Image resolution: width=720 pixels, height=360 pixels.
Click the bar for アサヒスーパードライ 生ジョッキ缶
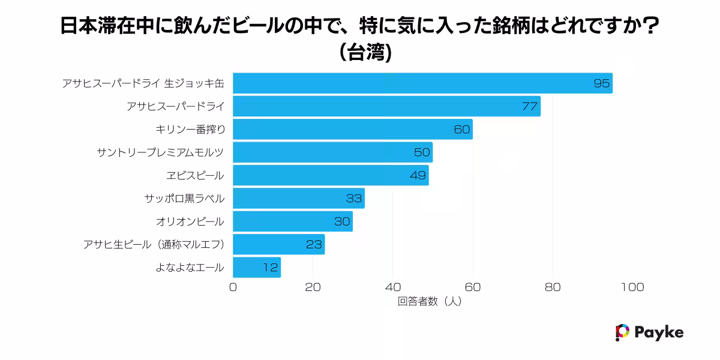click(x=422, y=83)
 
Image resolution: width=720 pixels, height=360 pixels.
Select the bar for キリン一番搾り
click(x=353, y=130)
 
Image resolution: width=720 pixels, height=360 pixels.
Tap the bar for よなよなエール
click(x=257, y=268)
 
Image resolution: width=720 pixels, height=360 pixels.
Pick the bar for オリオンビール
click(x=293, y=221)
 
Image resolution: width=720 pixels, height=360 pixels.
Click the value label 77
click(x=529, y=107)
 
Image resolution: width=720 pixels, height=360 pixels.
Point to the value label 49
click(x=418, y=176)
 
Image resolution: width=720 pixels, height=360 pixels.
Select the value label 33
click(x=354, y=199)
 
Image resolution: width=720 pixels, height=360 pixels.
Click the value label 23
click(x=314, y=245)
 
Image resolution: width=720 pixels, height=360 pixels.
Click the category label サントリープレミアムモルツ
click(x=160, y=152)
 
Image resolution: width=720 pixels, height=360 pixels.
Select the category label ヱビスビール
click(x=195, y=176)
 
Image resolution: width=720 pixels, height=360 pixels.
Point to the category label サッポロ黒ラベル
click(x=184, y=199)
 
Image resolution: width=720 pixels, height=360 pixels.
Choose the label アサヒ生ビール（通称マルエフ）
click(x=154, y=244)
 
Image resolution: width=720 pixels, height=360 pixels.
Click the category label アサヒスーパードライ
click(x=175, y=107)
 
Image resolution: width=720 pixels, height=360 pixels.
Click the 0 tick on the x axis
click(x=233, y=287)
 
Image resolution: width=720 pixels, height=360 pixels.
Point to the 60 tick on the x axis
click(x=473, y=287)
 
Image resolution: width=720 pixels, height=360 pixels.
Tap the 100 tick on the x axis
click(x=632, y=287)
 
